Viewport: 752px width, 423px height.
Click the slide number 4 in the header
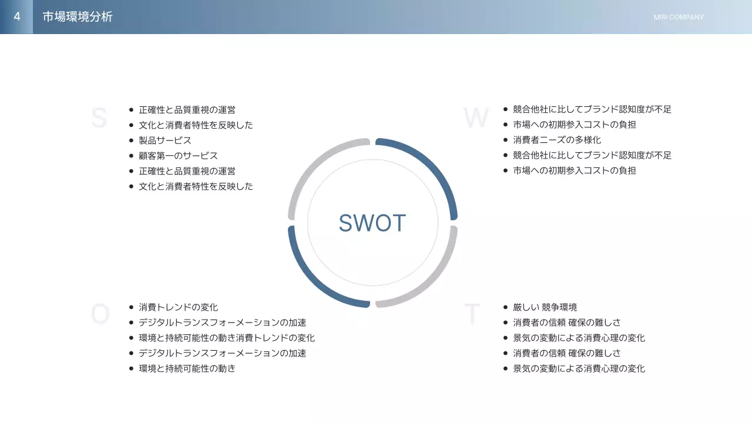tap(17, 16)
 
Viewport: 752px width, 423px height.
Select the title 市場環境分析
tap(78, 17)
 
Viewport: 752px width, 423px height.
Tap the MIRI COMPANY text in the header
tap(678, 17)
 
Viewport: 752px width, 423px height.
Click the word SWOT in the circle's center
tap(372, 223)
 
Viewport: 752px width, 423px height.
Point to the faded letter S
tap(99, 118)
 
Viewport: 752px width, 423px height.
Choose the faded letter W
tap(475, 118)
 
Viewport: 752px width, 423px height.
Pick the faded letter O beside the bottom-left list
tap(100, 315)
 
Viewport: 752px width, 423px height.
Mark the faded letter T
tap(472, 315)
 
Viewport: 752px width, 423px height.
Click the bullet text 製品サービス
tap(165, 140)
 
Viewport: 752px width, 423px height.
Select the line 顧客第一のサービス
tap(178, 156)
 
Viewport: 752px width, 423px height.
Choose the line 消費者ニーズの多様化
tap(557, 140)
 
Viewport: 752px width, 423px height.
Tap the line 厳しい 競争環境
tap(545, 307)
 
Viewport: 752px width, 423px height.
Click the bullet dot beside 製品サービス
tap(131, 140)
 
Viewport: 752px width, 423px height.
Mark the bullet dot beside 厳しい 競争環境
tap(505, 307)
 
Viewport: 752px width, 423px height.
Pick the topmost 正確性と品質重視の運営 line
tap(187, 110)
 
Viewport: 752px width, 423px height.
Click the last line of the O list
tap(187, 368)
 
